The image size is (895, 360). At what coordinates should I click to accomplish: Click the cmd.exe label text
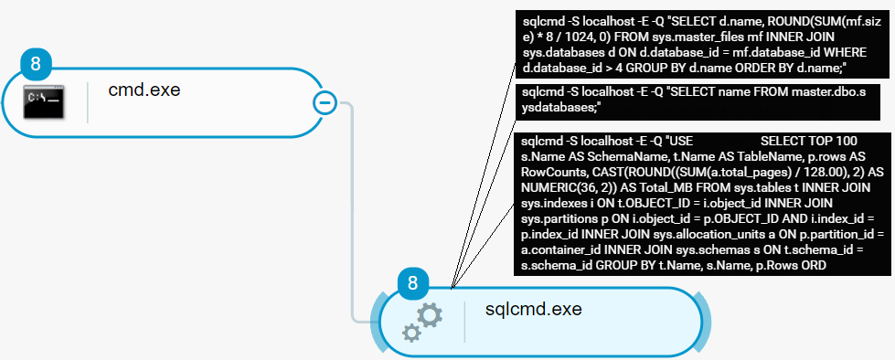tap(144, 90)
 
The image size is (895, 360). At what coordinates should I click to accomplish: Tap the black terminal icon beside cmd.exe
tap(43, 101)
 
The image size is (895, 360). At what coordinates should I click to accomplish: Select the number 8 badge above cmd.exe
tap(36, 65)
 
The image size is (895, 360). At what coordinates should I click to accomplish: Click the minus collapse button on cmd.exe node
tap(325, 102)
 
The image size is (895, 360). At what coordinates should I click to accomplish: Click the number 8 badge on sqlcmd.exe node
tap(412, 283)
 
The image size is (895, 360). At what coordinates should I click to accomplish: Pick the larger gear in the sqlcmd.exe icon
tap(430, 316)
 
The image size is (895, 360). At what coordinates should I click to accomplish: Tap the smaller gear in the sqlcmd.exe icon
tap(412, 334)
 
